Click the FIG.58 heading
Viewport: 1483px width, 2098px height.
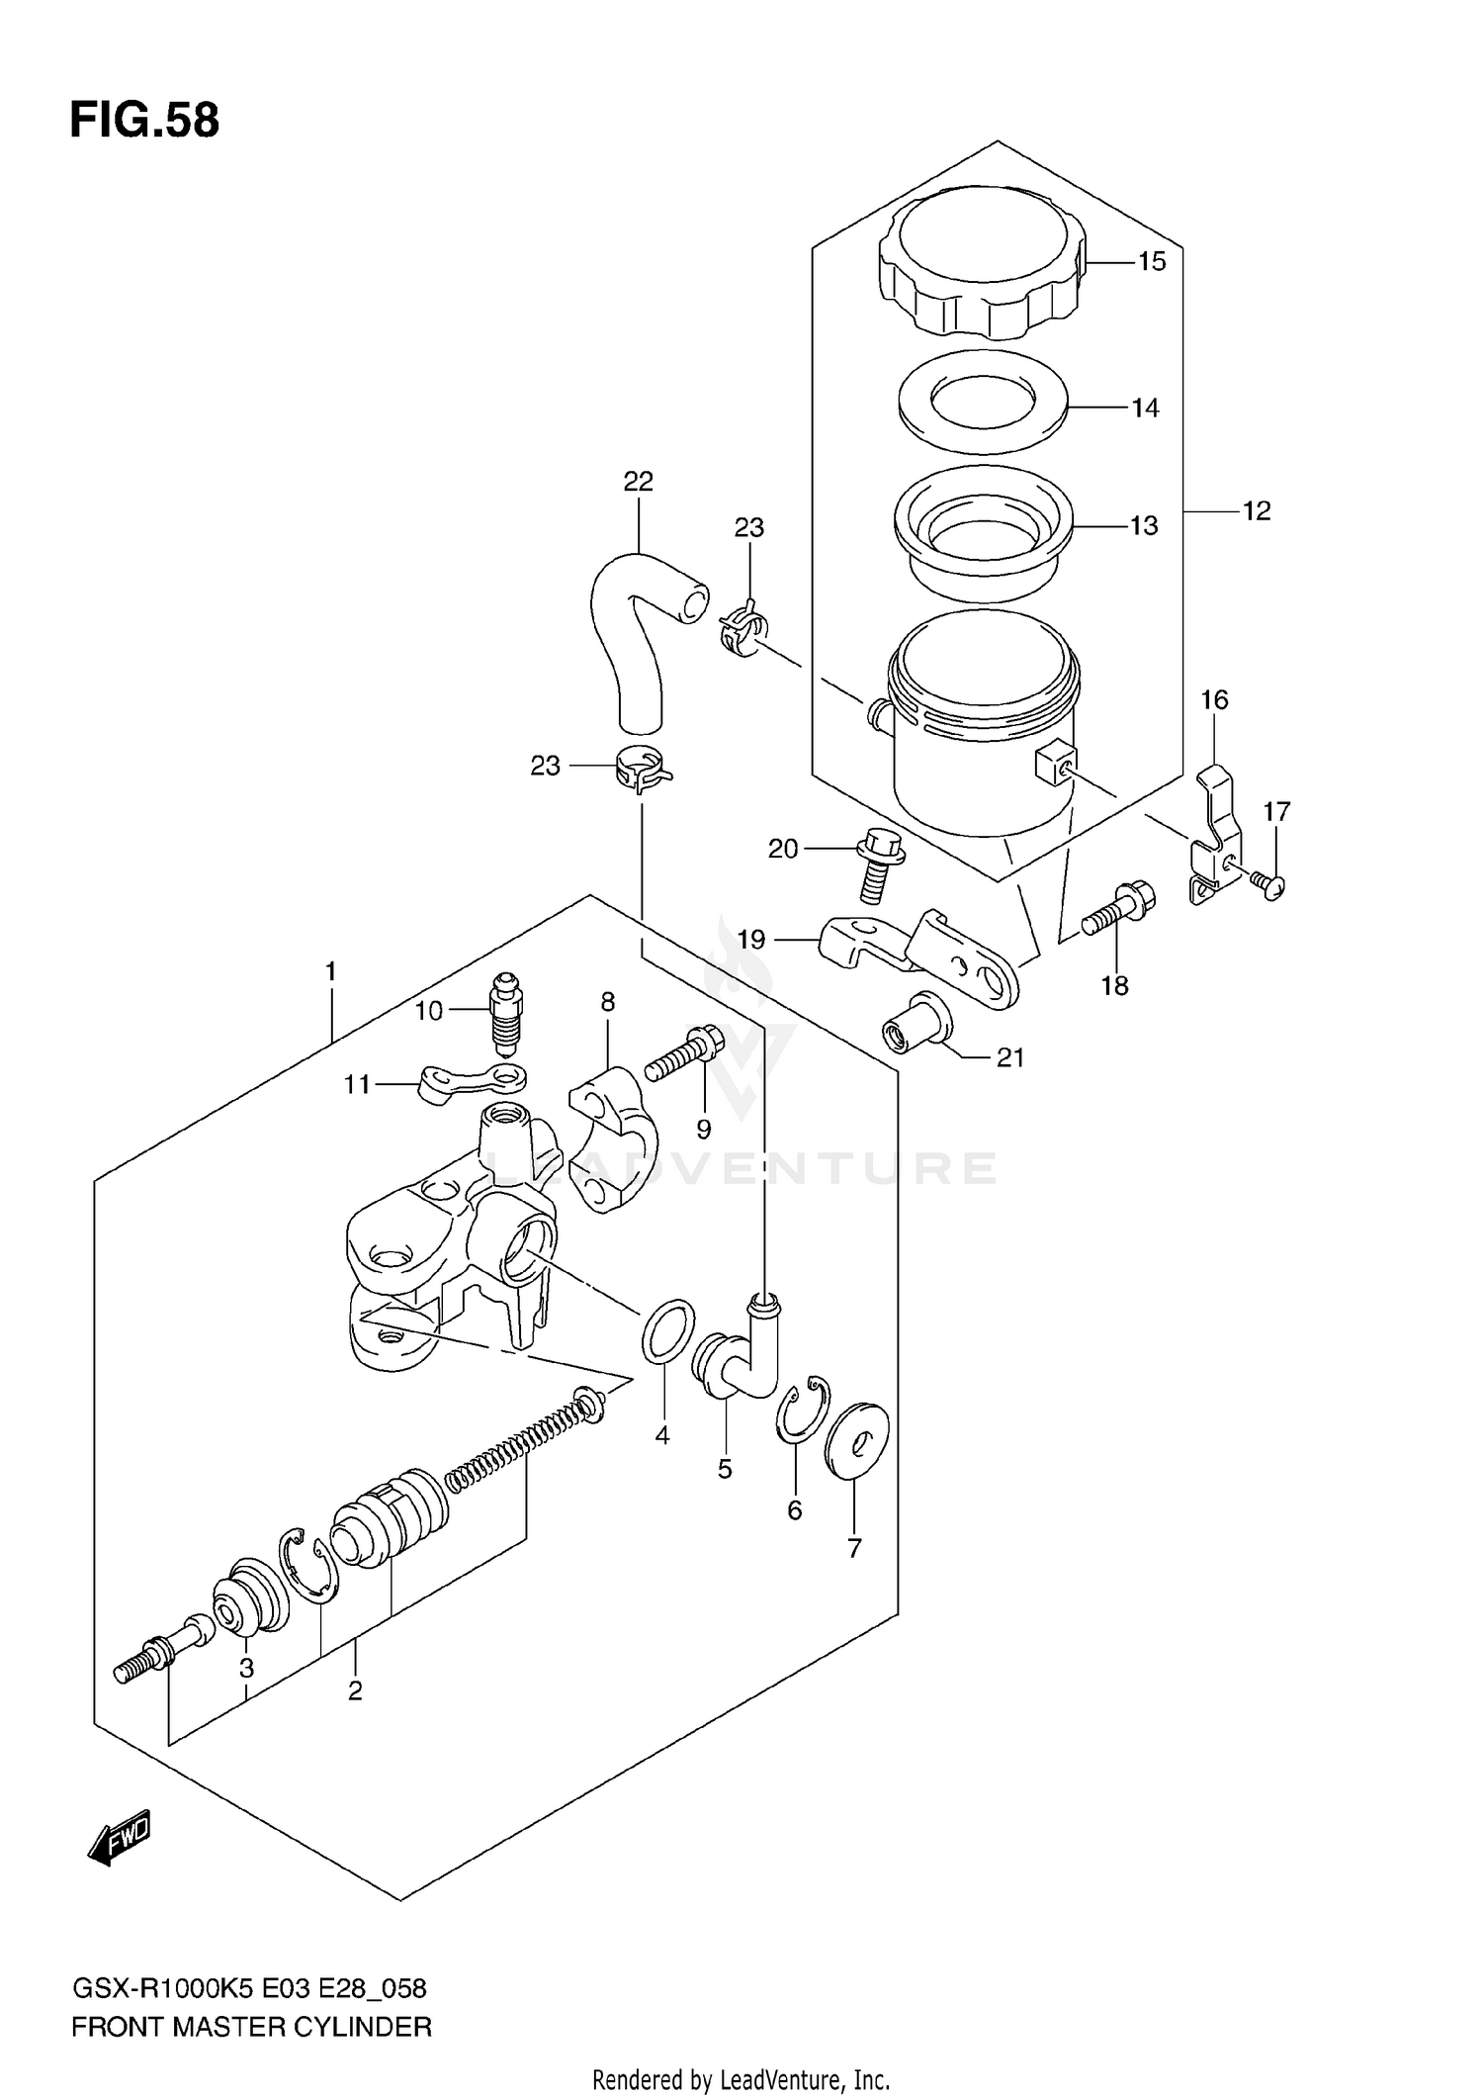coord(144,121)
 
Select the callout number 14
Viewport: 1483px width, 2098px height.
coord(1145,408)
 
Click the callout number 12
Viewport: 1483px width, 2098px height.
coord(1256,511)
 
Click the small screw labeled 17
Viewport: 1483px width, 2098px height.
coord(1268,880)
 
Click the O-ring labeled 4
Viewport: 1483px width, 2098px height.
coord(668,1330)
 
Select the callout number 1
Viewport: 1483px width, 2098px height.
coord(331,972)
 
